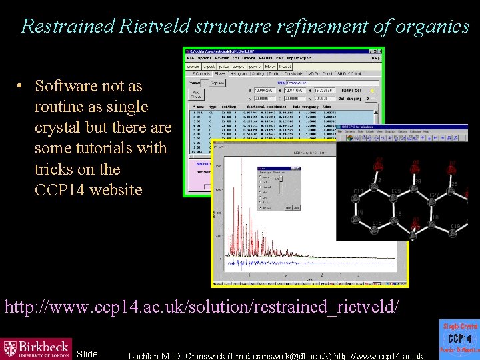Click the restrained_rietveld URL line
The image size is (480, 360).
pos(202,307)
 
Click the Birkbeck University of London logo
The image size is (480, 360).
pos(36,348)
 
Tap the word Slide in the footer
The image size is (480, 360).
pos(87,354)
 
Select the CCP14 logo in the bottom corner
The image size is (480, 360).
pos(459,339)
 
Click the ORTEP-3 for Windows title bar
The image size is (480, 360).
pos(373,126)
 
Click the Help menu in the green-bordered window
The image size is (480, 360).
pos(375,58)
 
